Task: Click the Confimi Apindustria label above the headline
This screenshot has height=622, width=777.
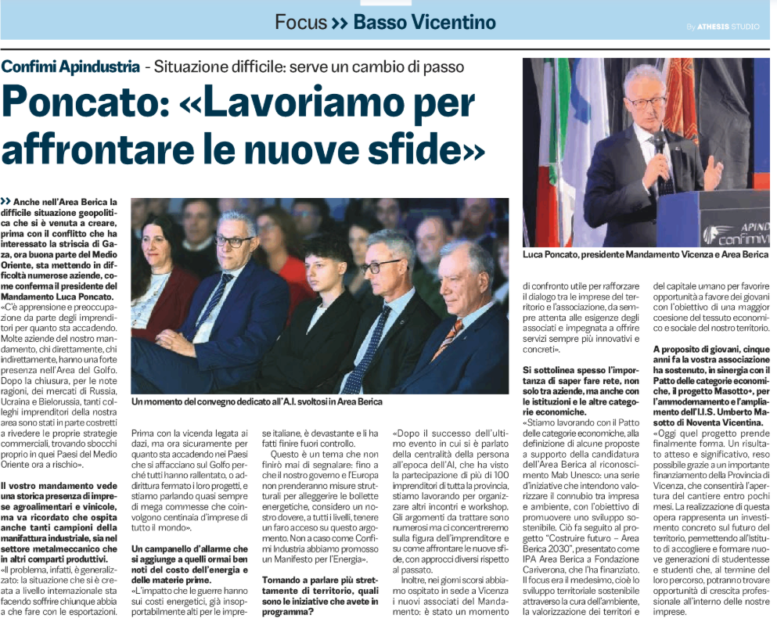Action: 70,67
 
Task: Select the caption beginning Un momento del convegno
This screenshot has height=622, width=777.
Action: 257,401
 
